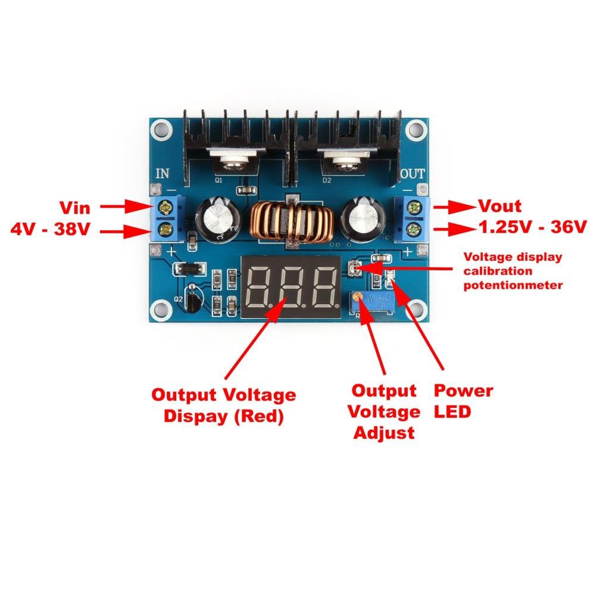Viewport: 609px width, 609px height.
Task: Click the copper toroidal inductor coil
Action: (x=292, y=223)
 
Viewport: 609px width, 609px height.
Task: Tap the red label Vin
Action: (x=75, y=208)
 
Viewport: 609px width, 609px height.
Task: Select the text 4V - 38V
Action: (x=50, y=229)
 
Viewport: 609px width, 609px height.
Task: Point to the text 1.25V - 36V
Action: (x=532, y=227)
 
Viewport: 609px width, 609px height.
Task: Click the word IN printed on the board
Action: (x=163, y=173)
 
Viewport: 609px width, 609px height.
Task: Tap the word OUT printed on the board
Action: (x=413, y=174)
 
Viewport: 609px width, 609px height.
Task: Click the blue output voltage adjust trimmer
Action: (x=373, y=302)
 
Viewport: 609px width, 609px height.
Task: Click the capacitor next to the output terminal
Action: (x=364, y=219)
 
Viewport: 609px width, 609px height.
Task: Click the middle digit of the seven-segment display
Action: (x=291, y=288)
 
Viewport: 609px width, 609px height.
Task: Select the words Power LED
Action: (x=463, y=401)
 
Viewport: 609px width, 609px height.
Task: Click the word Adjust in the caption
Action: (x=384, y=433)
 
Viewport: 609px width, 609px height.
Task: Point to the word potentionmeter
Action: (x=513, y=286)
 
